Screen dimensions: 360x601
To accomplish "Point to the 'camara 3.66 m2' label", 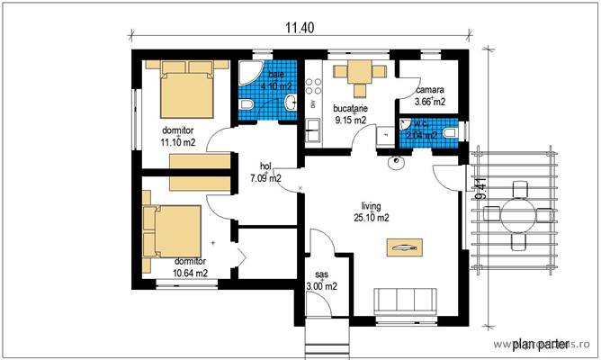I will tap(430, 96).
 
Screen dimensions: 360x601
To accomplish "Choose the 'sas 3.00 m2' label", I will tap(321, 281).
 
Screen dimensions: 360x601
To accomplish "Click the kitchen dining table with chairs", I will tap(359, 76).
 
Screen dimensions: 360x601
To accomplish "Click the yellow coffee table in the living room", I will tap(404, 246).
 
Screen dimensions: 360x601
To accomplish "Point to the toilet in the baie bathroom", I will tap(247, 107).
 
